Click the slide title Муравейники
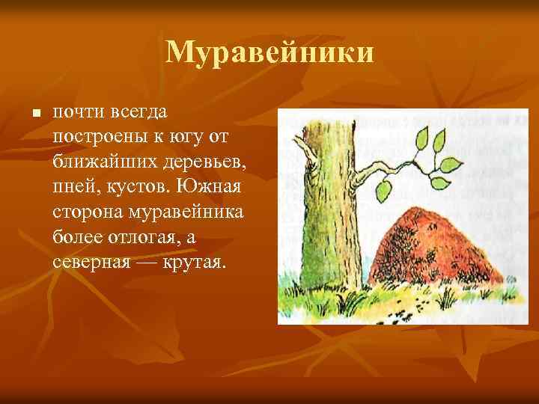point(269,52)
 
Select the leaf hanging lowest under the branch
point(384,189)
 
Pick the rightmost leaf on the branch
point(452,166)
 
